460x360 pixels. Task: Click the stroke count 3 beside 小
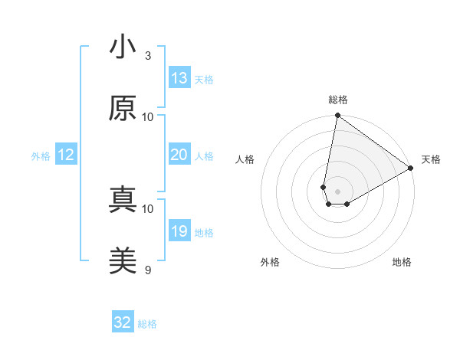pos(148,55)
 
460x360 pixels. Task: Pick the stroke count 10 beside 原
pos(148,116)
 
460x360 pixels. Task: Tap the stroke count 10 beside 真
pos(148,208)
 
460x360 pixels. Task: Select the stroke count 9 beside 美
pos(148,270)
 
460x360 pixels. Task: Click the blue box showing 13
pos(179,78)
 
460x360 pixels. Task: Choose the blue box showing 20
pos(179,155)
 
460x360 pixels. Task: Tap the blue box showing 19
pos(179,231)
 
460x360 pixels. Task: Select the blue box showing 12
pos(66,155)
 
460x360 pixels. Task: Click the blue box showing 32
pos(123,322)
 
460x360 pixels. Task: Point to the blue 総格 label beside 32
pos(147,324)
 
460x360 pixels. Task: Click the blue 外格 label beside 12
pos(41,156)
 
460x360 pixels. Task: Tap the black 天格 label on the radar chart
pos(431,159)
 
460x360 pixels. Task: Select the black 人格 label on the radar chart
pos(245,159)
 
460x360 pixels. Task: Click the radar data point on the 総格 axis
pos(337,116)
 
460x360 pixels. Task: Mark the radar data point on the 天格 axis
pos(411,169)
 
